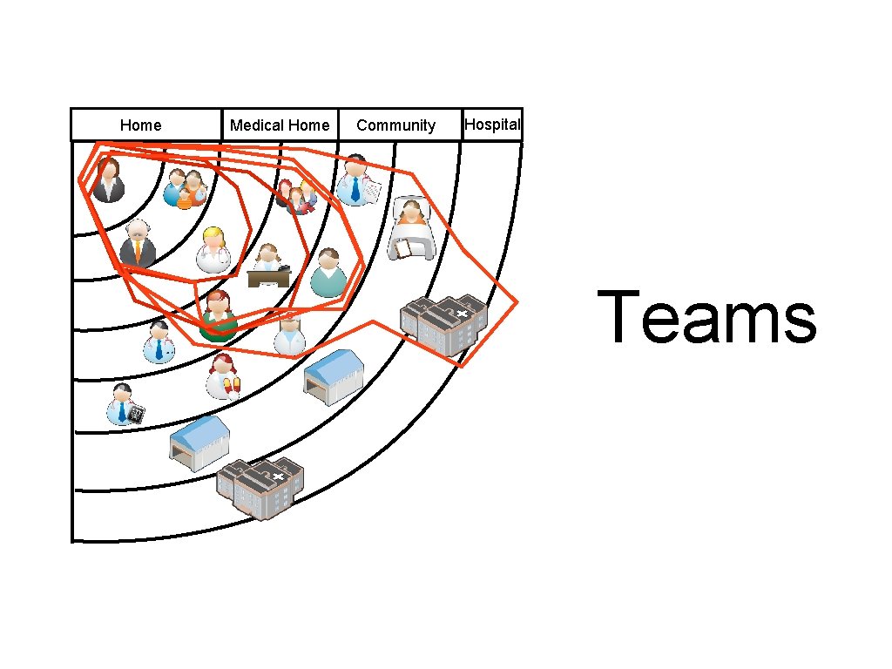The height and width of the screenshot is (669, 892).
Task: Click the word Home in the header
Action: coord(140,125)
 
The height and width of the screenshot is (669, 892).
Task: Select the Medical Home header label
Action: coord(280,125)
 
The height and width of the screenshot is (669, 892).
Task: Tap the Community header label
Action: coord(395,125)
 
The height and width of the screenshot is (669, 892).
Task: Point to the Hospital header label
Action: coord(492,125)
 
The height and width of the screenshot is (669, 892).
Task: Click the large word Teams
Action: coord(706,318)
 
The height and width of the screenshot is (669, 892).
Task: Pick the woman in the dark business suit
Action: coord(109,180)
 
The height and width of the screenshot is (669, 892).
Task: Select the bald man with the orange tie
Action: coord(138,244)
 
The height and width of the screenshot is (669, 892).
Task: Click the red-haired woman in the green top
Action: coord(218,315)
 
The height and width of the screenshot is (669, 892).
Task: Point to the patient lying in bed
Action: coord(411,230)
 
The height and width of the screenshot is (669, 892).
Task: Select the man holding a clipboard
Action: coord(356,181)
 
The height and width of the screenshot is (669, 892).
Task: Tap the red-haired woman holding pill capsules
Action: coord(223,375)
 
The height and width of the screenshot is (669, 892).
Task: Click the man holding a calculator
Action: coord(124,405)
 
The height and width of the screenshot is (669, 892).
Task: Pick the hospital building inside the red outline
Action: coord(443,325)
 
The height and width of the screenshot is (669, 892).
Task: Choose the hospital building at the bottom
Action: coord(260,488)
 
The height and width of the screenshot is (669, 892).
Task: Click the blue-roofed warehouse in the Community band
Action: coord(333,376)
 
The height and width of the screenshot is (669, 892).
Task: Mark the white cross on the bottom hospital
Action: coord(278,476)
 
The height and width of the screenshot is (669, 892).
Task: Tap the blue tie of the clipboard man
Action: coord(355,189)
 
